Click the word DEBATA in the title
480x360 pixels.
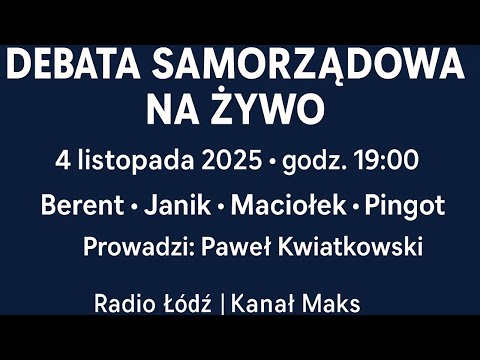click(x=70, y=67)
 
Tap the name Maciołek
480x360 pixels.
click(x=288, y=207)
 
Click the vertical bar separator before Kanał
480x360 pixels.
click(x=221, y=304)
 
